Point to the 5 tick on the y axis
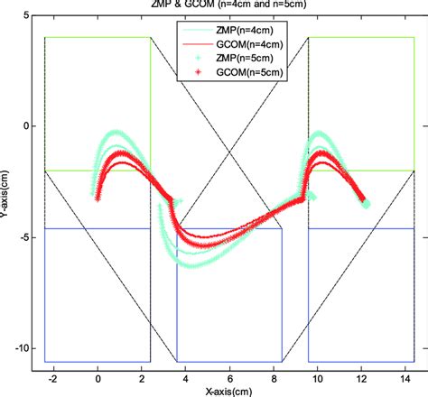[x=26, y=15]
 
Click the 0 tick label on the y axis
[x=26, y=126]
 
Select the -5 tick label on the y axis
[x=24, y=237]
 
